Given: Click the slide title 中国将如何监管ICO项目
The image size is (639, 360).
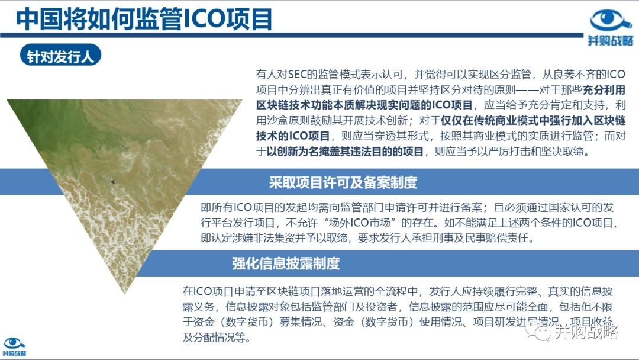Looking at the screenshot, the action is [144, 19].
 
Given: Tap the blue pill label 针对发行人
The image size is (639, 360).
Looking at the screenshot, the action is [60, 56].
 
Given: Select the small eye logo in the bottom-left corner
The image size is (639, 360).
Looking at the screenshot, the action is [14, 343].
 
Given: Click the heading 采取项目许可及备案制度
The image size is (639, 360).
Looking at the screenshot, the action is [343, 182].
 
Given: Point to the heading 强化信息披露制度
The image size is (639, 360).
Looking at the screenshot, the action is [286, 263].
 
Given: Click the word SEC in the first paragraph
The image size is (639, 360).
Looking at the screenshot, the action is [297, 74].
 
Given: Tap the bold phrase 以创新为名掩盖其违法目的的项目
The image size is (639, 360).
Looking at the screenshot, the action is [345, 152].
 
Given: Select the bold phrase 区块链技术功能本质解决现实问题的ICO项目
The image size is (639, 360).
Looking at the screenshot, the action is [364, 105].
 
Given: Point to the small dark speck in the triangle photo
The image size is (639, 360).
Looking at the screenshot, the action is [113, 182].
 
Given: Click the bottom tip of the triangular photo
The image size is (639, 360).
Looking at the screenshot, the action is [125, 293].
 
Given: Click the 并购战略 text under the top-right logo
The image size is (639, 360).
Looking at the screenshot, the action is [611, 40].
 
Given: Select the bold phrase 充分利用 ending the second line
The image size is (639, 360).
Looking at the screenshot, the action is [604, 89].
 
